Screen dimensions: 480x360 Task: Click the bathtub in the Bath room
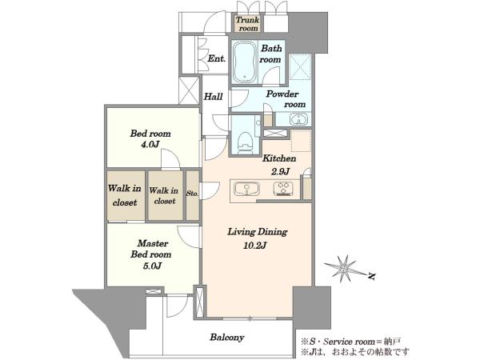coord(244,62)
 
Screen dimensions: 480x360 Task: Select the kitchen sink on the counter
coord(246,189)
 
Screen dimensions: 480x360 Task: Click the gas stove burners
coord(283,189)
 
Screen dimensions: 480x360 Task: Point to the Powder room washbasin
coord(298,119)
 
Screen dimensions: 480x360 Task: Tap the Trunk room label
coord(248,24)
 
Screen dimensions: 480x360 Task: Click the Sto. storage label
coord(192,194)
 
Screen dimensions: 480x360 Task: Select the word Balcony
coord(227,338)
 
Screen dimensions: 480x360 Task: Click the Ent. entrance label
coord(217,58)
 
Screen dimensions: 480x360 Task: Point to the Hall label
coord(213,97)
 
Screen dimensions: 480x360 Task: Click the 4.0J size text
coord(150,144)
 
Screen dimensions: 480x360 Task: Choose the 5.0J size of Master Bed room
coord(152,266)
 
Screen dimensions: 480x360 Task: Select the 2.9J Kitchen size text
coord(281,171)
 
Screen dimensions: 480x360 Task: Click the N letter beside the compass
coord(372,277)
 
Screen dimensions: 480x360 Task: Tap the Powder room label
coord(286,99)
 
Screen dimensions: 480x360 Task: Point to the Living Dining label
coord(258,232)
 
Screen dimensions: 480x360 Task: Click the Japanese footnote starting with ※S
coord(351,342)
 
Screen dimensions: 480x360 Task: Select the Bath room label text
coord(270,54)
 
